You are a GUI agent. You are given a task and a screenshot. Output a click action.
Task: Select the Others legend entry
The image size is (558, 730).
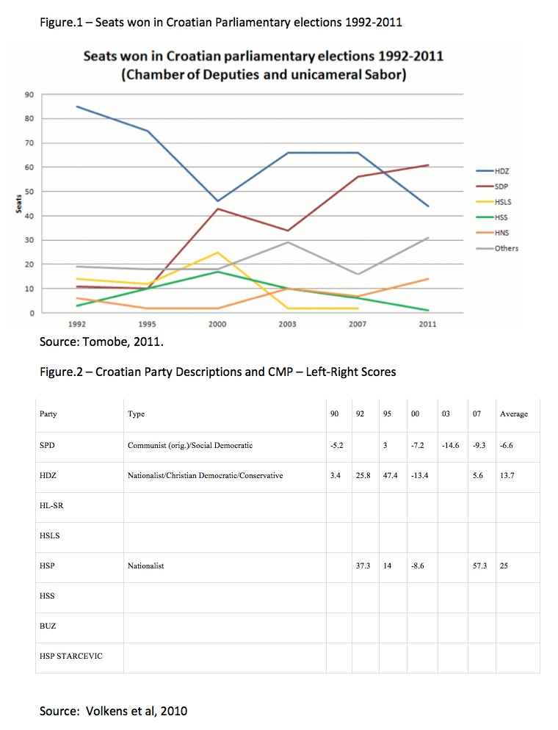[x=506, y=248]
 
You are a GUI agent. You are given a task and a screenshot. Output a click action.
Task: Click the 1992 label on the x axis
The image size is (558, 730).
[x=76, y=323]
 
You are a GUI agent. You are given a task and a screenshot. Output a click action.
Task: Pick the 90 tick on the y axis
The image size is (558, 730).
[x=30, y=95]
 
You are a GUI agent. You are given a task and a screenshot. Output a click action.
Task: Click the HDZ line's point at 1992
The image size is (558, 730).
[x=76, y=106]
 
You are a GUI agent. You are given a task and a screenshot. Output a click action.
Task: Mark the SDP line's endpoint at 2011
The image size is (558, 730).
[x=428, y=165]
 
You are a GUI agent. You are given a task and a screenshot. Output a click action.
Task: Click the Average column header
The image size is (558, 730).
[x=514, y=414]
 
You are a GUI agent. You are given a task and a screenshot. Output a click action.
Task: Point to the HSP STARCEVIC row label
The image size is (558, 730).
[x=70, y=656]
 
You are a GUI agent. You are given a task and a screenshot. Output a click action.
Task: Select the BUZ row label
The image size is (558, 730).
[x=48, y=626]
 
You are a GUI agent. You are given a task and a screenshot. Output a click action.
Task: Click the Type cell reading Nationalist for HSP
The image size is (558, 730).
[x=145, y=566]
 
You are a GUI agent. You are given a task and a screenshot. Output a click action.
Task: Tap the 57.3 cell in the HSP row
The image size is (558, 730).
[x=481, y=566]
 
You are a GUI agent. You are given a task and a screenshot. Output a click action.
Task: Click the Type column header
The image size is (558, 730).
[x=136, y=414]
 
